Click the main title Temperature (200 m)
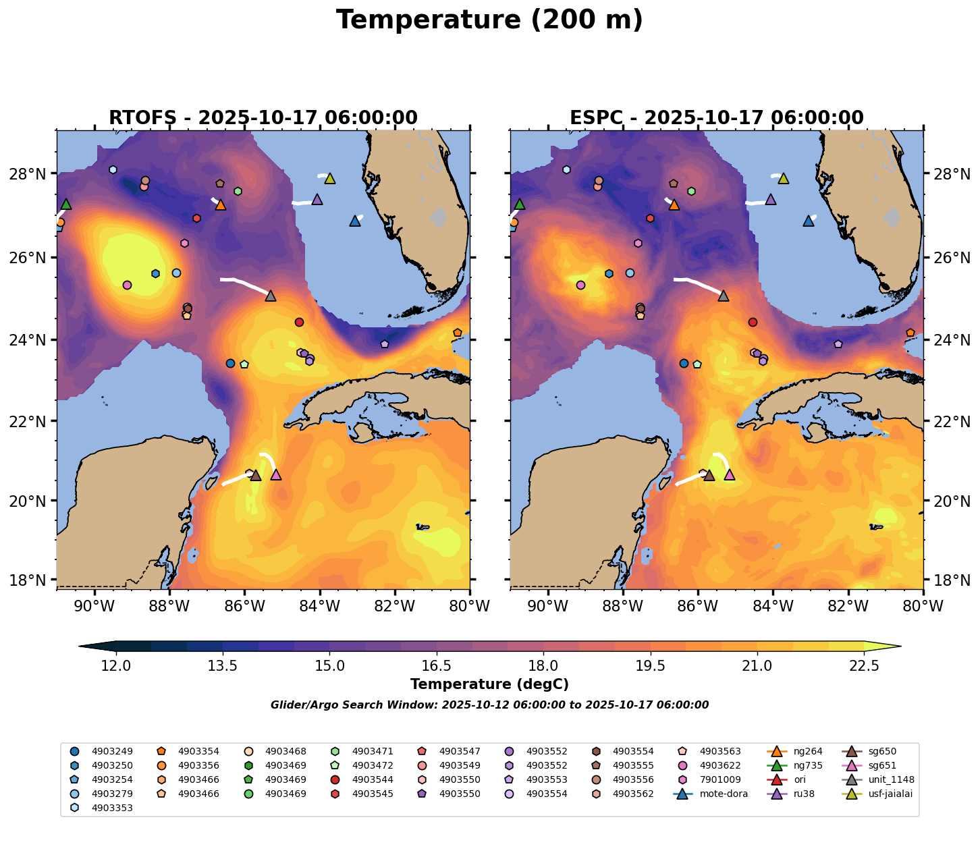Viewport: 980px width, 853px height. (x=489, y=20)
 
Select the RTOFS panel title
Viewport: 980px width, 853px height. (x=263, y=118)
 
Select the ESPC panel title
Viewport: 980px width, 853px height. (x=717, y=118)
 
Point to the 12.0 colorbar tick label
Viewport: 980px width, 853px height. (x=116, y=666)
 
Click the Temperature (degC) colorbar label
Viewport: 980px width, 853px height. (x=489, y=684)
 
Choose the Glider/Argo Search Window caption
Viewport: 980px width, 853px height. (x=489, y=705)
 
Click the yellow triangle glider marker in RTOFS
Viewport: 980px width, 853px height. (x=330, y=179)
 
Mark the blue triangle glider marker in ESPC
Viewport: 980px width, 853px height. (x=809, y=221)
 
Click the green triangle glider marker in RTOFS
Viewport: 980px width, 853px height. (x=66, y=204)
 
